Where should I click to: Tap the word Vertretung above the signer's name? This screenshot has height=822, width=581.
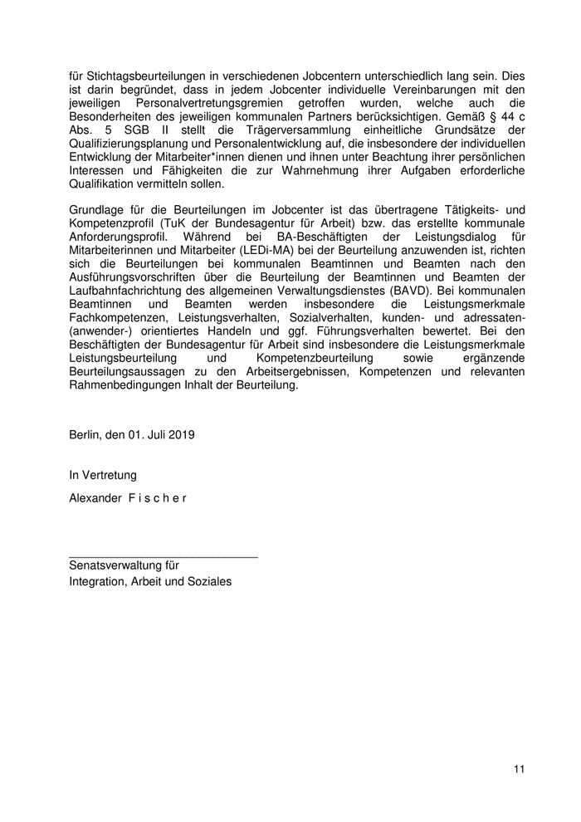click(110, 476)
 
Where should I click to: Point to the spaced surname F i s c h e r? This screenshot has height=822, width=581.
click(158, 498)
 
